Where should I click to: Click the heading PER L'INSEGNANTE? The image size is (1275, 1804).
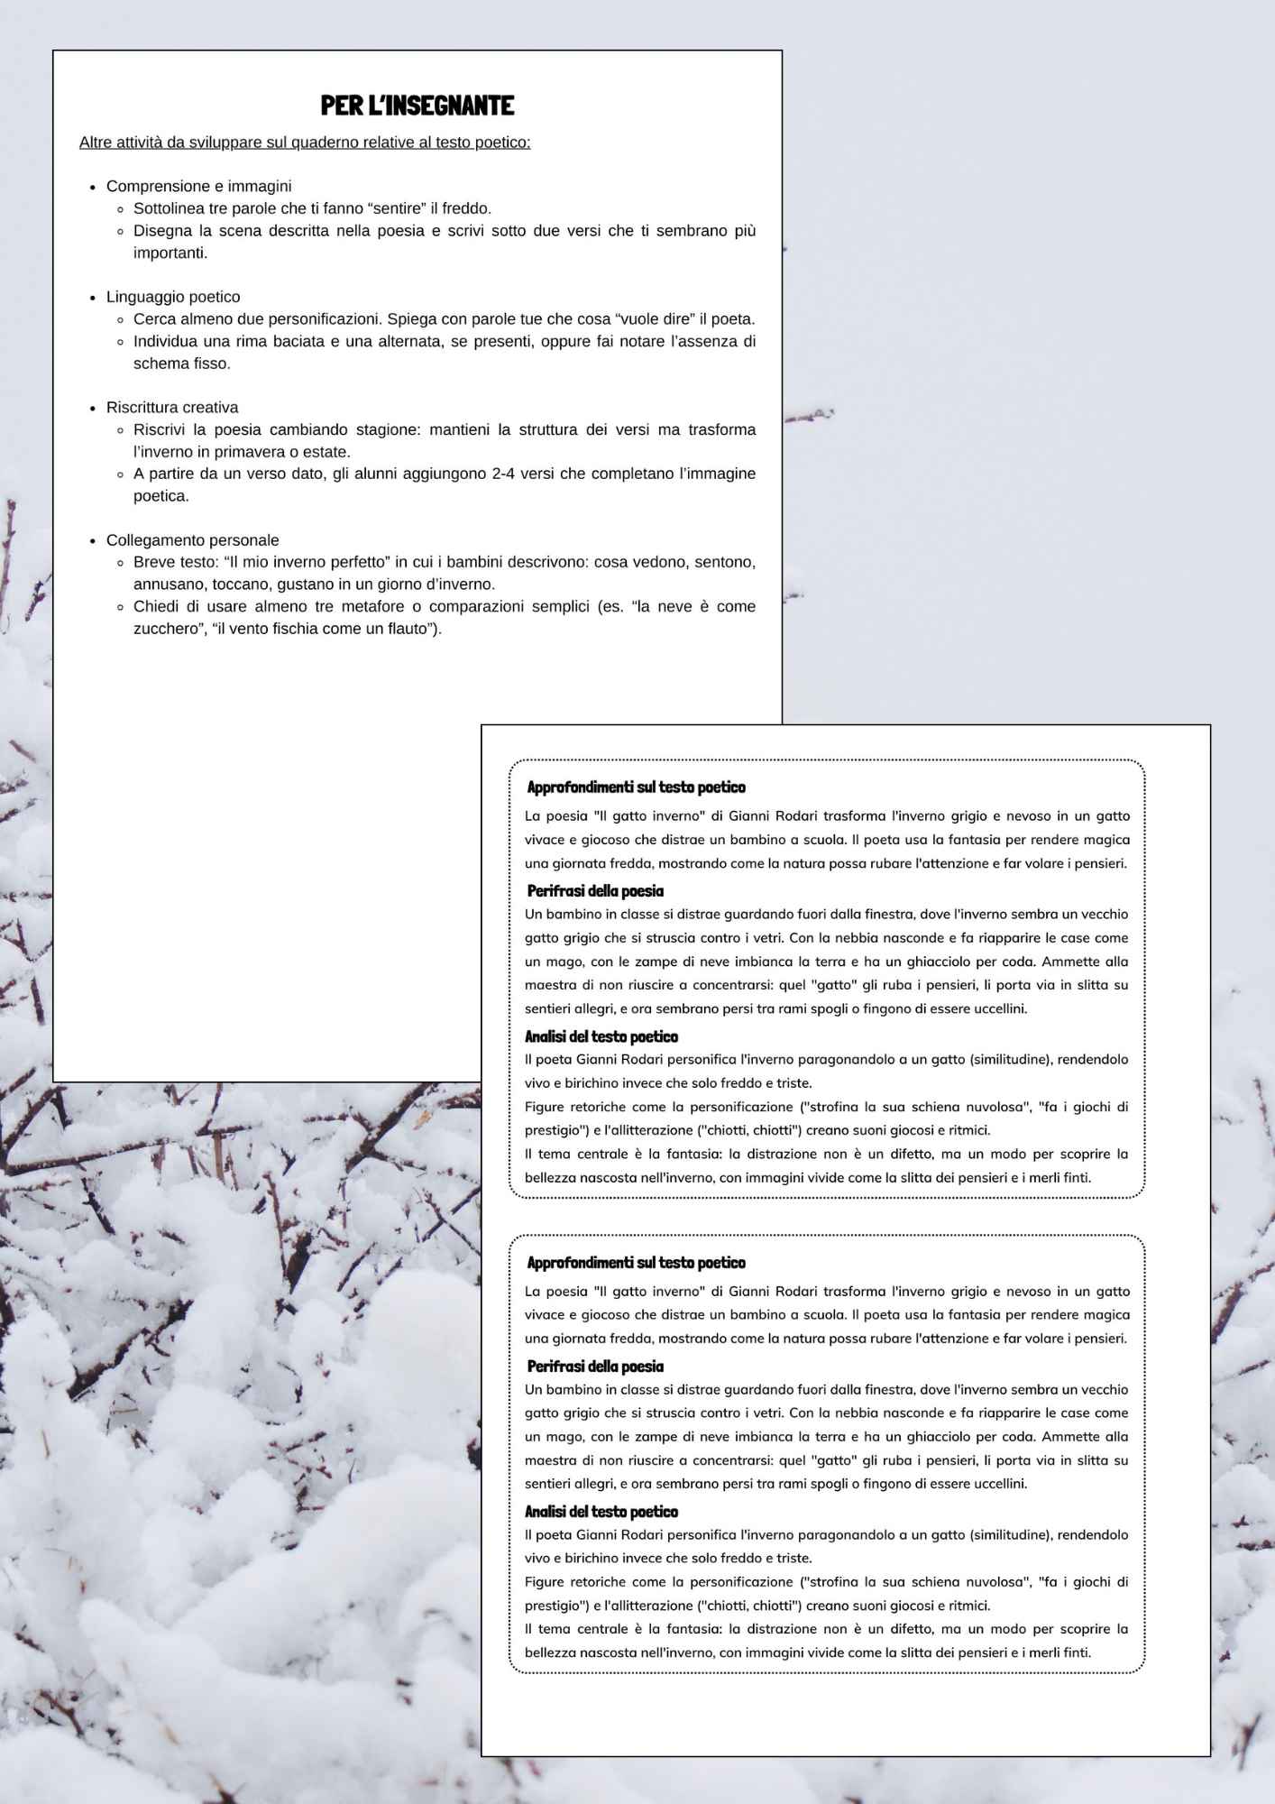pos(417,106)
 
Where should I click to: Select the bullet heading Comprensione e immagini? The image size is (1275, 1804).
pos(198,187)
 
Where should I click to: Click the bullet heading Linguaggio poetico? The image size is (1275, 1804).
pos(173,297)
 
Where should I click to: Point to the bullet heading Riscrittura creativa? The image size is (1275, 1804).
pos(172,408)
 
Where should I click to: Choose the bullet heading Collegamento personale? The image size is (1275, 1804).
pos(192,540)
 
